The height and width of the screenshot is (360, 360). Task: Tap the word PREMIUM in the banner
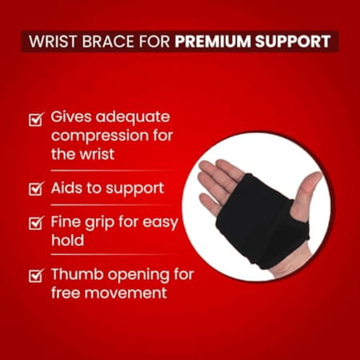[x=219, y=41]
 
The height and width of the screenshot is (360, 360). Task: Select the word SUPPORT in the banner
[x=294, y=41]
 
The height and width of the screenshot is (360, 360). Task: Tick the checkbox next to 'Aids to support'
[x=35, y=190]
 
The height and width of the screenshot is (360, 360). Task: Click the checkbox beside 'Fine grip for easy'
[x=35, y=222]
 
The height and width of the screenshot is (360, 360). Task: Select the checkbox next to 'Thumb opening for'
[x=35, y=276]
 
